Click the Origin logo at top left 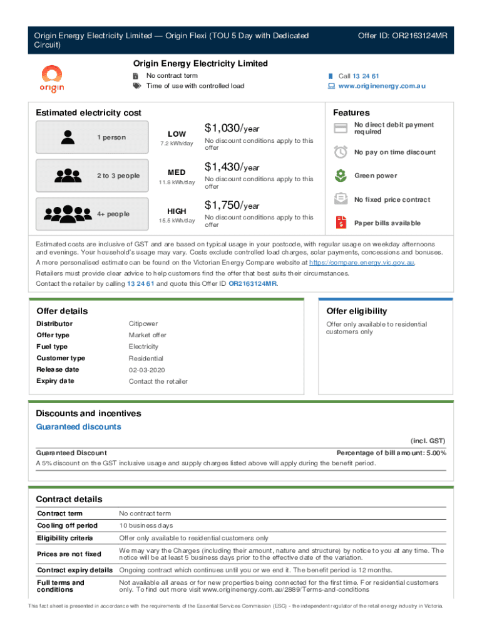(53, 78)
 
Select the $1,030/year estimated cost (232, 129)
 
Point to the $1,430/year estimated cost (232, 167)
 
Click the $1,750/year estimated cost (232, 205)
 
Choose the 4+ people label (113, 214)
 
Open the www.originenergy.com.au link (382, 86)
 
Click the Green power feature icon (341, 176)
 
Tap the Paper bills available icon (341, 223)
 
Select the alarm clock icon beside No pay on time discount (341, 152)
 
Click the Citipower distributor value (143, 324)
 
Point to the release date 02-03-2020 (147, 369)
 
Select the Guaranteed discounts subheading (79, 427)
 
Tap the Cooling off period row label (68, 525)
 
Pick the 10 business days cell (146, 525)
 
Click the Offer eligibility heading (357, 311)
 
